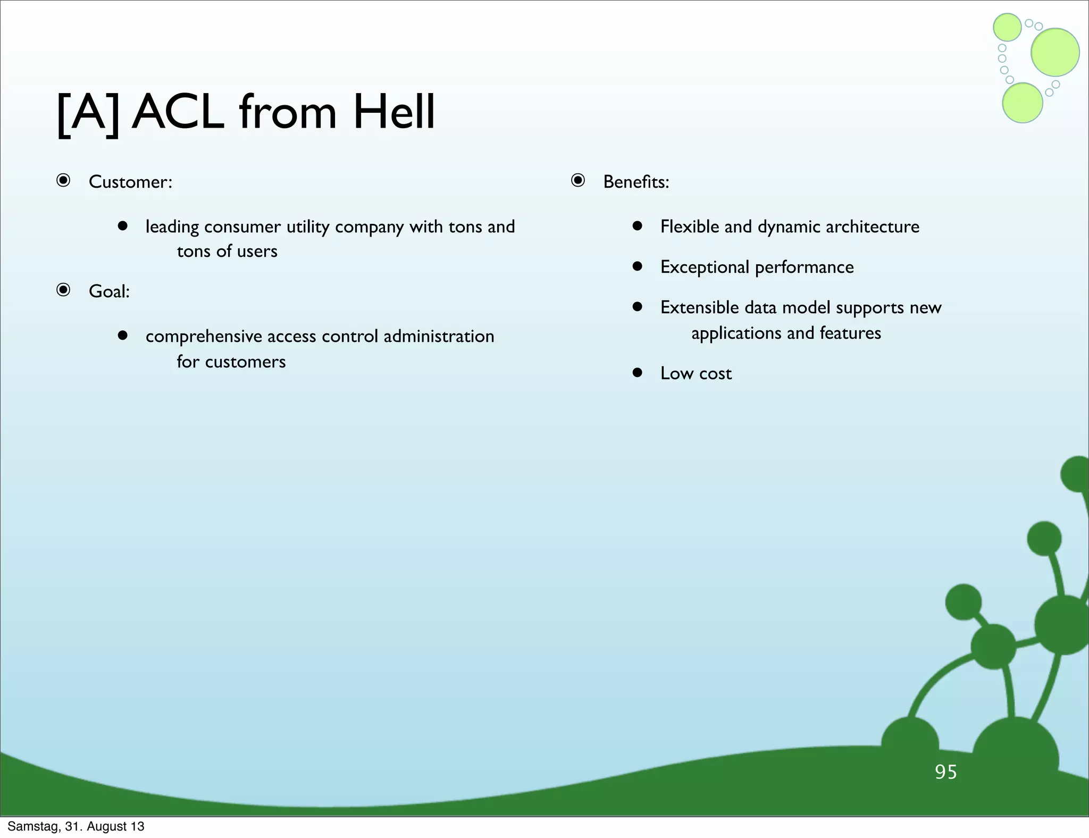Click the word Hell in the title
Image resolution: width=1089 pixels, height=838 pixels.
point(393,112)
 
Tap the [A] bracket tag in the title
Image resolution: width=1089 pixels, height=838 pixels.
point(88,113)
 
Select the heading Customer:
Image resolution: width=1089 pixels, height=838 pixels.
point(130,182)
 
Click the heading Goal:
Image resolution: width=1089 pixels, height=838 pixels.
point(109,291)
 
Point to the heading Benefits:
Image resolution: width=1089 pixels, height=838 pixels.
point(636,182)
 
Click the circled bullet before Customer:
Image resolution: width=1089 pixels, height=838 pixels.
point(63,181)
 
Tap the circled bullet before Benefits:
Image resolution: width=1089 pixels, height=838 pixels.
point(578,181)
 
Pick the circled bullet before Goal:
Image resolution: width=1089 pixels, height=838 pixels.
point(63,290)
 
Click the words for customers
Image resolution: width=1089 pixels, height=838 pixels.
point(231,362)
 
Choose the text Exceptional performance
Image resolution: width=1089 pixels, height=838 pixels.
point(757,267)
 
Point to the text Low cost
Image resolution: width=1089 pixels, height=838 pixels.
point(696,373)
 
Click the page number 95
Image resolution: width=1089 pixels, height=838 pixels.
point(945,772)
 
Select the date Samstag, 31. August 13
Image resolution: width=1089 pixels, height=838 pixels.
point(76,826)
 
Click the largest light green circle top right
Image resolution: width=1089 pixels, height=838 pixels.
point(1055,52)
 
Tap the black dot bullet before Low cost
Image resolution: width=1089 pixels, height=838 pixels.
point(638,372)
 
